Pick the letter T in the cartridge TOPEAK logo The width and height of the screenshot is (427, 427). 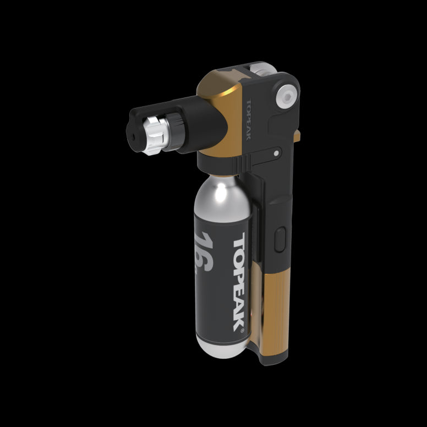(x=240, y=242)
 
